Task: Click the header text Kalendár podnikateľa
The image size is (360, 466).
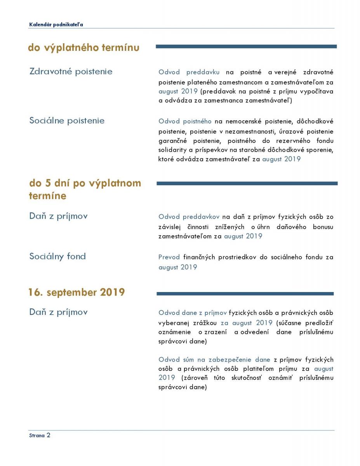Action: tap(56, 24)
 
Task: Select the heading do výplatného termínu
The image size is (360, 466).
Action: tap(83, 48)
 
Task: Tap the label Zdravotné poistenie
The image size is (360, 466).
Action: tap(71, 71)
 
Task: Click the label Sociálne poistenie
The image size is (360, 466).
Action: tap(67, 120)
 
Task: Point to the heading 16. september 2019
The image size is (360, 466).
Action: tap(76, 292)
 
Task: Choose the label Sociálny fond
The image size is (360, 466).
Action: tap(57, 256)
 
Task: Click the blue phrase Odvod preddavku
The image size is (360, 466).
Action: tap(189, 72)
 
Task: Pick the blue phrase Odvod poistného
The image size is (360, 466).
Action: tap(185, 121)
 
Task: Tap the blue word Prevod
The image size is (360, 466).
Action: tap(169, 257)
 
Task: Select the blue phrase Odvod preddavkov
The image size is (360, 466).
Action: tap(189, 217)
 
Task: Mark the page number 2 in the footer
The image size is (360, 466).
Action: tap(48, 435)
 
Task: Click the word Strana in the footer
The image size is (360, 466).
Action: tap(37, 436)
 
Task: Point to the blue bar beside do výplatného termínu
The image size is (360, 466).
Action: tap(246, 47)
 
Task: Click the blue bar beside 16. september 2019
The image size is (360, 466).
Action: tap(245, 294)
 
